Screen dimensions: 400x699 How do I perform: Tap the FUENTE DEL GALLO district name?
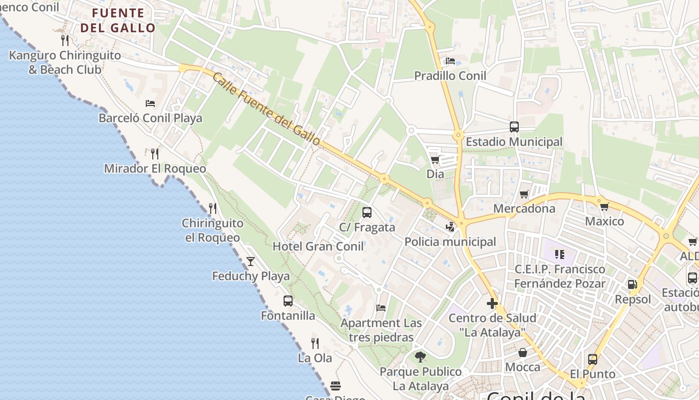coord(118,20)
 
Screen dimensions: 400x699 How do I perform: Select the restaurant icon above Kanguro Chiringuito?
coord(64,40)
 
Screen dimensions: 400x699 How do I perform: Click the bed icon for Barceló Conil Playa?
coord(150,103)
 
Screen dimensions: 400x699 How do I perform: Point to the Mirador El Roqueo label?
coord(155,168)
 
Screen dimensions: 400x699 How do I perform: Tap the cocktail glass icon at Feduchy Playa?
coord(251,261)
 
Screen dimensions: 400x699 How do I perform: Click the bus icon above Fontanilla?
coord(288,300)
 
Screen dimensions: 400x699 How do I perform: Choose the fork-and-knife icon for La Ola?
coord(315,343)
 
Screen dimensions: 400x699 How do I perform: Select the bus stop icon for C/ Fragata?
coord(367,212)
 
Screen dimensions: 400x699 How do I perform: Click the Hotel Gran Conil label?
coord(318,246)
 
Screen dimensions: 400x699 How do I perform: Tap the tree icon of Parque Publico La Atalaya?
coord(420,356)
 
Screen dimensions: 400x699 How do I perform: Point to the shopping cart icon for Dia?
coord(435,159)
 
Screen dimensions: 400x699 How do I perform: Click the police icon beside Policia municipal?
coord(451,226)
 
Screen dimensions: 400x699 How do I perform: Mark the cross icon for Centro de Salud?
coord(492,303)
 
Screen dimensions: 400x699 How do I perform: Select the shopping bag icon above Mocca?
coord(523,352)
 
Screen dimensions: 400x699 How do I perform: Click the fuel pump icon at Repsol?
coord(633,284)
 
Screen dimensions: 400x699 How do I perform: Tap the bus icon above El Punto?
coord(593,359)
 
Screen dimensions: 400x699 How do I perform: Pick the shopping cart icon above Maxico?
coord(604,206)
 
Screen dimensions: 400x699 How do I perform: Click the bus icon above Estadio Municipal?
coord(514,126)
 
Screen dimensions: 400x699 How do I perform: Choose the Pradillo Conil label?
coord(450,76)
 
